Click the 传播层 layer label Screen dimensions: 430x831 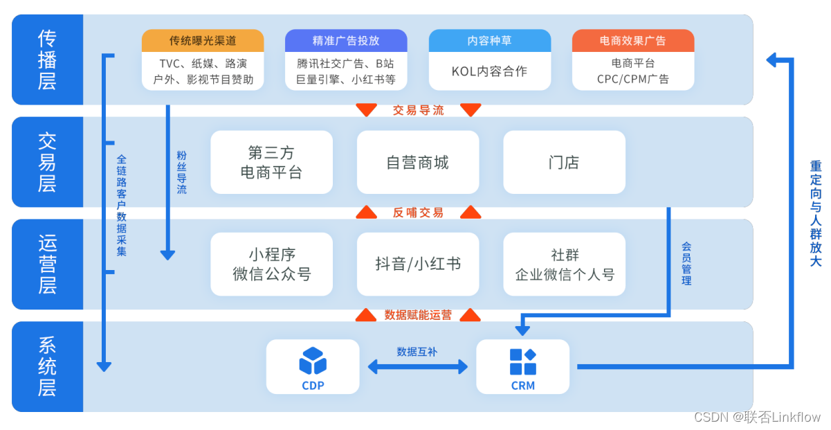click(47, 60)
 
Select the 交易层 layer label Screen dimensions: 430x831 click(47, 162)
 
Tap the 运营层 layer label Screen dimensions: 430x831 click(47, 264)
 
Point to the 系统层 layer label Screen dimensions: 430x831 click(47, 366)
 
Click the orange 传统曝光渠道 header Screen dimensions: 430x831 click(203, 41)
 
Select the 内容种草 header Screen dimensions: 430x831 click(489, 41)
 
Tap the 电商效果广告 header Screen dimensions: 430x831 click(632, 41)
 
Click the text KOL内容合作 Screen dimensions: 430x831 click(489, 71)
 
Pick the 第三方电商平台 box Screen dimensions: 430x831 click(271, 162)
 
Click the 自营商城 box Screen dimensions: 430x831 click(417, 162)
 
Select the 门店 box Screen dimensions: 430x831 click(564, 162)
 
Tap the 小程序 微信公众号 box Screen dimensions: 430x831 click(271, 264)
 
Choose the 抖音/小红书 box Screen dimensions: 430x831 click(417, 264)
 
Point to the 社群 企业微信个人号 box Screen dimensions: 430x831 click(564, 264)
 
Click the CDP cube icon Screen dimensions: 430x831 click(313, 361)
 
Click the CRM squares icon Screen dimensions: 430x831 click(522, 361)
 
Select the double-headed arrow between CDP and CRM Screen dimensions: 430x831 click(417, 368)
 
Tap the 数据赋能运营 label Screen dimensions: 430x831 click(417, 315)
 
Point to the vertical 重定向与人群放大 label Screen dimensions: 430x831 click(816, 214)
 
